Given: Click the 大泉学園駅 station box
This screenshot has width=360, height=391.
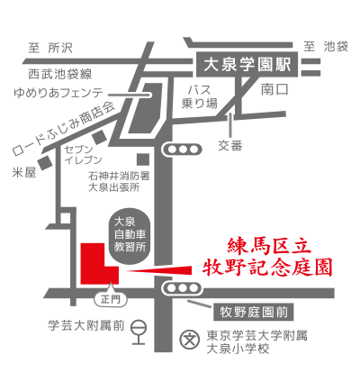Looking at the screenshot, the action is [x=247, y=64].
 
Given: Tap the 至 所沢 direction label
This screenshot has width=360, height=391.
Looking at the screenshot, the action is [x=50, y=48].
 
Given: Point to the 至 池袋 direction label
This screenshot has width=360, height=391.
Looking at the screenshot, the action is [x=326, y=47].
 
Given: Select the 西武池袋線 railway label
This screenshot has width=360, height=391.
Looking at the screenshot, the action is [x=60, y=74].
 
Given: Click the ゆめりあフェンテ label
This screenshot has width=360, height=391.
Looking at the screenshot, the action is [x=58, y=93].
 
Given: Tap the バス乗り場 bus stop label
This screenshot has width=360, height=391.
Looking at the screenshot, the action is [x=200, y=96].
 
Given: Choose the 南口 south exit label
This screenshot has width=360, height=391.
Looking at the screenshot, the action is [x=274, y=89].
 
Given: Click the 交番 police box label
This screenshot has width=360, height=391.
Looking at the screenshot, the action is [x=230, y=146].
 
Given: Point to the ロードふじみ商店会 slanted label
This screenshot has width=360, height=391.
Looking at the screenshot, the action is [x=64, y=130].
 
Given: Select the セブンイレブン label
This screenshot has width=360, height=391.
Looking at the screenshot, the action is [x=83, y=155].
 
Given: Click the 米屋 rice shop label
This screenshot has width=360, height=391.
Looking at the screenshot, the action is [x=24, y=172].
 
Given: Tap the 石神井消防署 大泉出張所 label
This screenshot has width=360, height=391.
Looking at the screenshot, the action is [x=119, y=182].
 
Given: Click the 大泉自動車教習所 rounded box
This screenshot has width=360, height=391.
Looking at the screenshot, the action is [x=130, y=234].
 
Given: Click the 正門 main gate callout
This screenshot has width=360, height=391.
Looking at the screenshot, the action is [x=111, y=299].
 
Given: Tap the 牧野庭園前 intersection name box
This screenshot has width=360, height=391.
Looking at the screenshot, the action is [x=254, y=313].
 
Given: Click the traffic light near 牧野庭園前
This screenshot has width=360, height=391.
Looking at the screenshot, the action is [x=182, y=288].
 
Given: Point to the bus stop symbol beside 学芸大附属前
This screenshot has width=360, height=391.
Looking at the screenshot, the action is [x=139, y=332].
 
